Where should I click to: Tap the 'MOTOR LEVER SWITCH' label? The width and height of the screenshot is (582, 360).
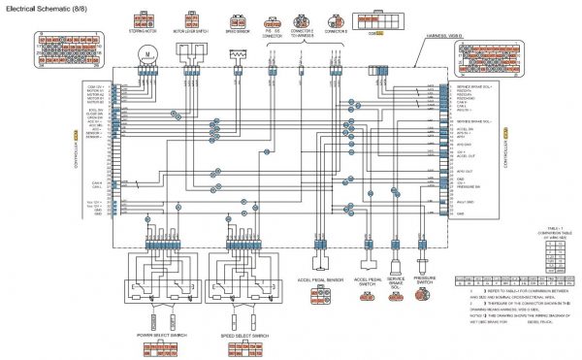click(x=191, y=31)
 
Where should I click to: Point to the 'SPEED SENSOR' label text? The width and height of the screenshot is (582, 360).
click(x=238, y=31)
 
